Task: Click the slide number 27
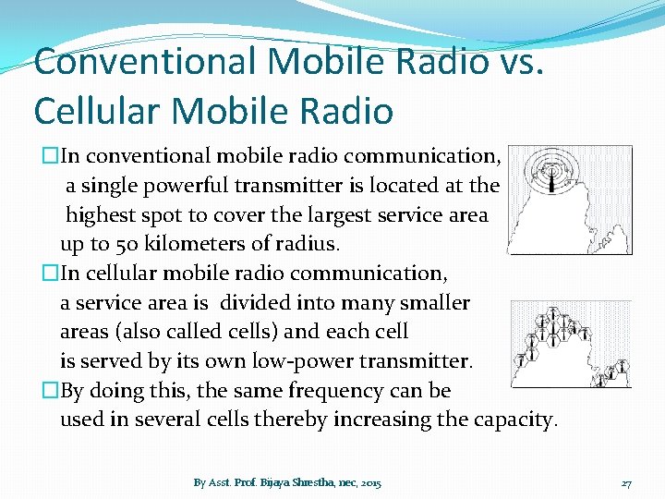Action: coord(626,483)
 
